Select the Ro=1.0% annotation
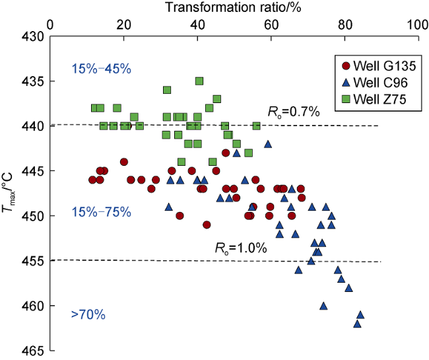(x=241, y=248)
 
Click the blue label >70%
(x=88, y=315)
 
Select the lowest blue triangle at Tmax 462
(x=357, y=323)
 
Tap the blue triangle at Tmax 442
(x=267, y=143)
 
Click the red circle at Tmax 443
(x=226, y=153)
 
